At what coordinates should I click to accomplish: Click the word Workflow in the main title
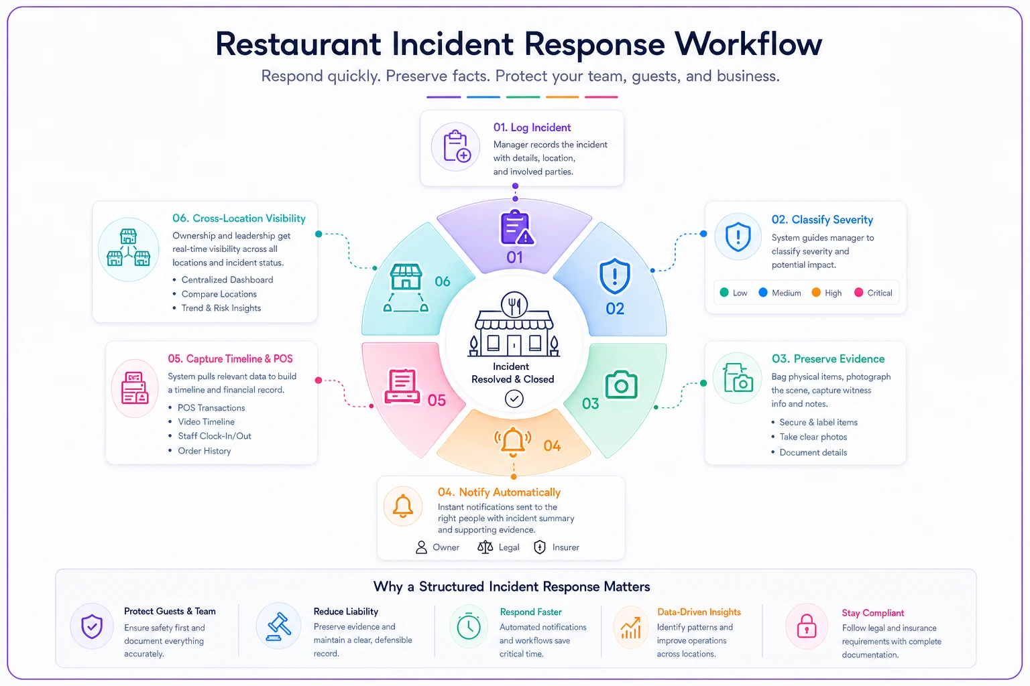click(748, 44)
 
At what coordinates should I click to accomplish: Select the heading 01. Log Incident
click(532, 127)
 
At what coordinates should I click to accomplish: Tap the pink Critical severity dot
click(858, 292)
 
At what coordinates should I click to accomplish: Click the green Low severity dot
click(724, 292)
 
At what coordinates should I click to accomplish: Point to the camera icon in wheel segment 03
click(621, 385)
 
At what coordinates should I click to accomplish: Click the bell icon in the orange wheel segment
click(513, 441)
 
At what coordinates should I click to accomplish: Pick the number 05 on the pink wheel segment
click(437, 400)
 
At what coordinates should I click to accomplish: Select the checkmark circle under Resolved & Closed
click(514, 399)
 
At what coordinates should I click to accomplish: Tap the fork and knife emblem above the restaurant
click(514, 304)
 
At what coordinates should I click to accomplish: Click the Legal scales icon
click(485, 547)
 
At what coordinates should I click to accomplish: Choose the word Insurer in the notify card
click(565, 547)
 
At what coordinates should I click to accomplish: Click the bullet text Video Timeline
click(206, 422)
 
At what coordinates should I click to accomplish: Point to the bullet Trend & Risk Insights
click(221, 308)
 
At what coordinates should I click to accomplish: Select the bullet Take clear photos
click(813, 437)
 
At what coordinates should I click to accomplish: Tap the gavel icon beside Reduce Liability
click(279, 626)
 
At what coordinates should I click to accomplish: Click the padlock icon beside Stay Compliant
click(807, 626)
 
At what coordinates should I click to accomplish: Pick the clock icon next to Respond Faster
click(469, 626)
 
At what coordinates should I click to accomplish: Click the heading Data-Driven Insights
click(699, 612)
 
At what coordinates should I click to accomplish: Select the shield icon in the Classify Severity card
click(738, 236)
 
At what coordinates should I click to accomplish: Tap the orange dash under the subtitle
click(563, 97)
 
